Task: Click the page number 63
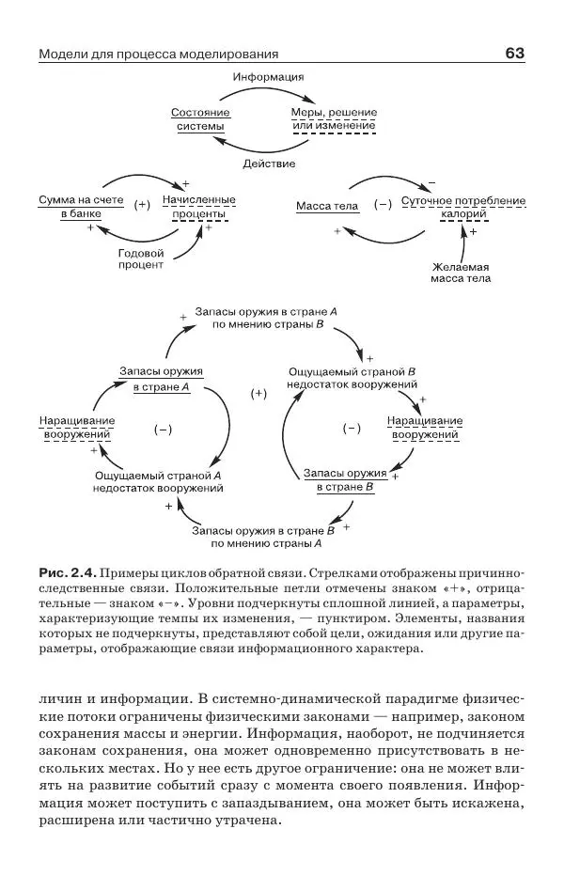[x=514, y=54]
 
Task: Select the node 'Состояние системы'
[x=200, y=119]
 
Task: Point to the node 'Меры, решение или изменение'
[x=334, y=119]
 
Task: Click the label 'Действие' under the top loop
[x=269, y=164]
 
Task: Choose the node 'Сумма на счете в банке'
[x=81, y=207]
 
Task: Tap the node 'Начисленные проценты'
[x=198, y=207]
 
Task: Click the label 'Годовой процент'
[x=140, y=259]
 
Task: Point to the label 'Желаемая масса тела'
[x=461, y=272]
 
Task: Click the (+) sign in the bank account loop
[x=142, y=205]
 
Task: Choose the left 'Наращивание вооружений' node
[x=77, y=427]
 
